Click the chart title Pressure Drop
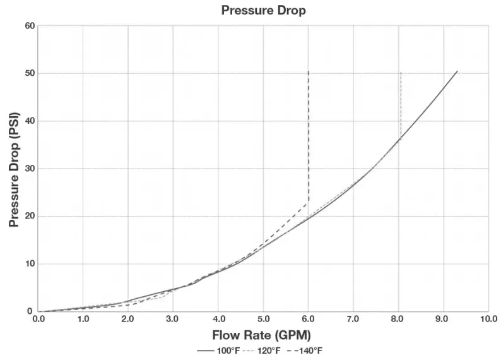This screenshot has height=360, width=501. coord(263,11)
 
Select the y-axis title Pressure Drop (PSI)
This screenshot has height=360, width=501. coord(13,170)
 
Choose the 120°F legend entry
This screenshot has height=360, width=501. coord(262,351)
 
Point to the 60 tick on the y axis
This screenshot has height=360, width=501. coord(29,26)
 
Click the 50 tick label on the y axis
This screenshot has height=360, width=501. coord(29,73)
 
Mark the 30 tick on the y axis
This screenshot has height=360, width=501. coord(29,169)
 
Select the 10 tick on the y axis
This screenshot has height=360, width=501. coord(29,264)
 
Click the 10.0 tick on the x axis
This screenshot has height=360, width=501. coord(488,318)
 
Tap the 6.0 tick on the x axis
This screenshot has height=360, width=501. coord(308,318)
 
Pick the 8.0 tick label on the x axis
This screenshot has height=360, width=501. coord(398,318)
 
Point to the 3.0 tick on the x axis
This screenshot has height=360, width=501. coord(173,318)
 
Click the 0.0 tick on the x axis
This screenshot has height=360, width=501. coord(38,318)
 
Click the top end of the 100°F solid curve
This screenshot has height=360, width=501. coord(457,71)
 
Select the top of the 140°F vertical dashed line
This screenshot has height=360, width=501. coord(308,71)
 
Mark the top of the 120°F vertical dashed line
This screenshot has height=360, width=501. coord(401,73)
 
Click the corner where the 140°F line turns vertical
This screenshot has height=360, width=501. coord(308,202)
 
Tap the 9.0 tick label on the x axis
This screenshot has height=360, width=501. coord(443,318)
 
